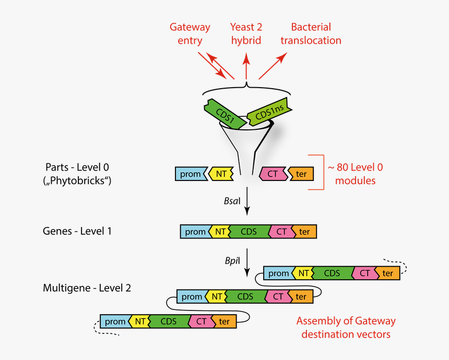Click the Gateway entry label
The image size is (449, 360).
[190, 33]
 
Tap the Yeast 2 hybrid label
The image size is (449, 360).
[245, 33]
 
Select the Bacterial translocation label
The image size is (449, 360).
[311, 33]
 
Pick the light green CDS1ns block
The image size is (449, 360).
[268, 111]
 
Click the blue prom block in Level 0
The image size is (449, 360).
[191, 174]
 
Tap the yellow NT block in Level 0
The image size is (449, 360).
[220, 174]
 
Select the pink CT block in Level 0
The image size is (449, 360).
[273, 174]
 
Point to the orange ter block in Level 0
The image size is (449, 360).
[301, 174]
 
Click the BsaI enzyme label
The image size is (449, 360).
[231, 200]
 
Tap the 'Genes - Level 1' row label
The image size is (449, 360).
[77, 231]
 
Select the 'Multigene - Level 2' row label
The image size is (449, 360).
[87, 287]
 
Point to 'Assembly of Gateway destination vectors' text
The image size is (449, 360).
[346, 327]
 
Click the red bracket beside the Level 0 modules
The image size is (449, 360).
[315, 172]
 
